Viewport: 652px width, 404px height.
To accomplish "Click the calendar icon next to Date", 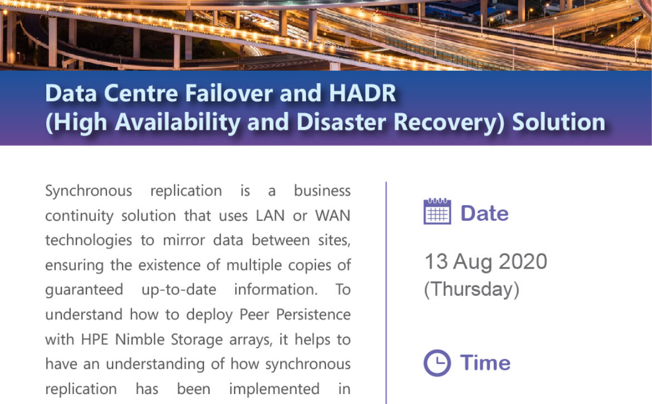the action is click(437, 212).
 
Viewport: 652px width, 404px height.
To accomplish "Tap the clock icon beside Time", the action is click(437, 363).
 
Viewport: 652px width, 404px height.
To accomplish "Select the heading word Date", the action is click(484, 213).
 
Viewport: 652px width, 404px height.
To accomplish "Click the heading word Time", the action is click(485, 362).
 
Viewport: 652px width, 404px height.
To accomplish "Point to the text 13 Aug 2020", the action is click(486, 261).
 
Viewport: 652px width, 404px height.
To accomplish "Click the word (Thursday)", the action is click(471, 289).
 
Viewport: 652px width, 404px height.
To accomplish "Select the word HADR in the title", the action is click(363, 93).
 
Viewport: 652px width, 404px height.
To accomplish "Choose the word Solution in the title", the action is click(558, 122).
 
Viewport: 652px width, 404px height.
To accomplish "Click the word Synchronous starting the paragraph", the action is click(89, 191).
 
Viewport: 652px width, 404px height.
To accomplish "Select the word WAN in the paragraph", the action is click(333, 216).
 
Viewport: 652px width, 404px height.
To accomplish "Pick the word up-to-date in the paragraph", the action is click(179, 290).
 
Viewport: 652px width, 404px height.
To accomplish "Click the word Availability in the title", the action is click(178, 122).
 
